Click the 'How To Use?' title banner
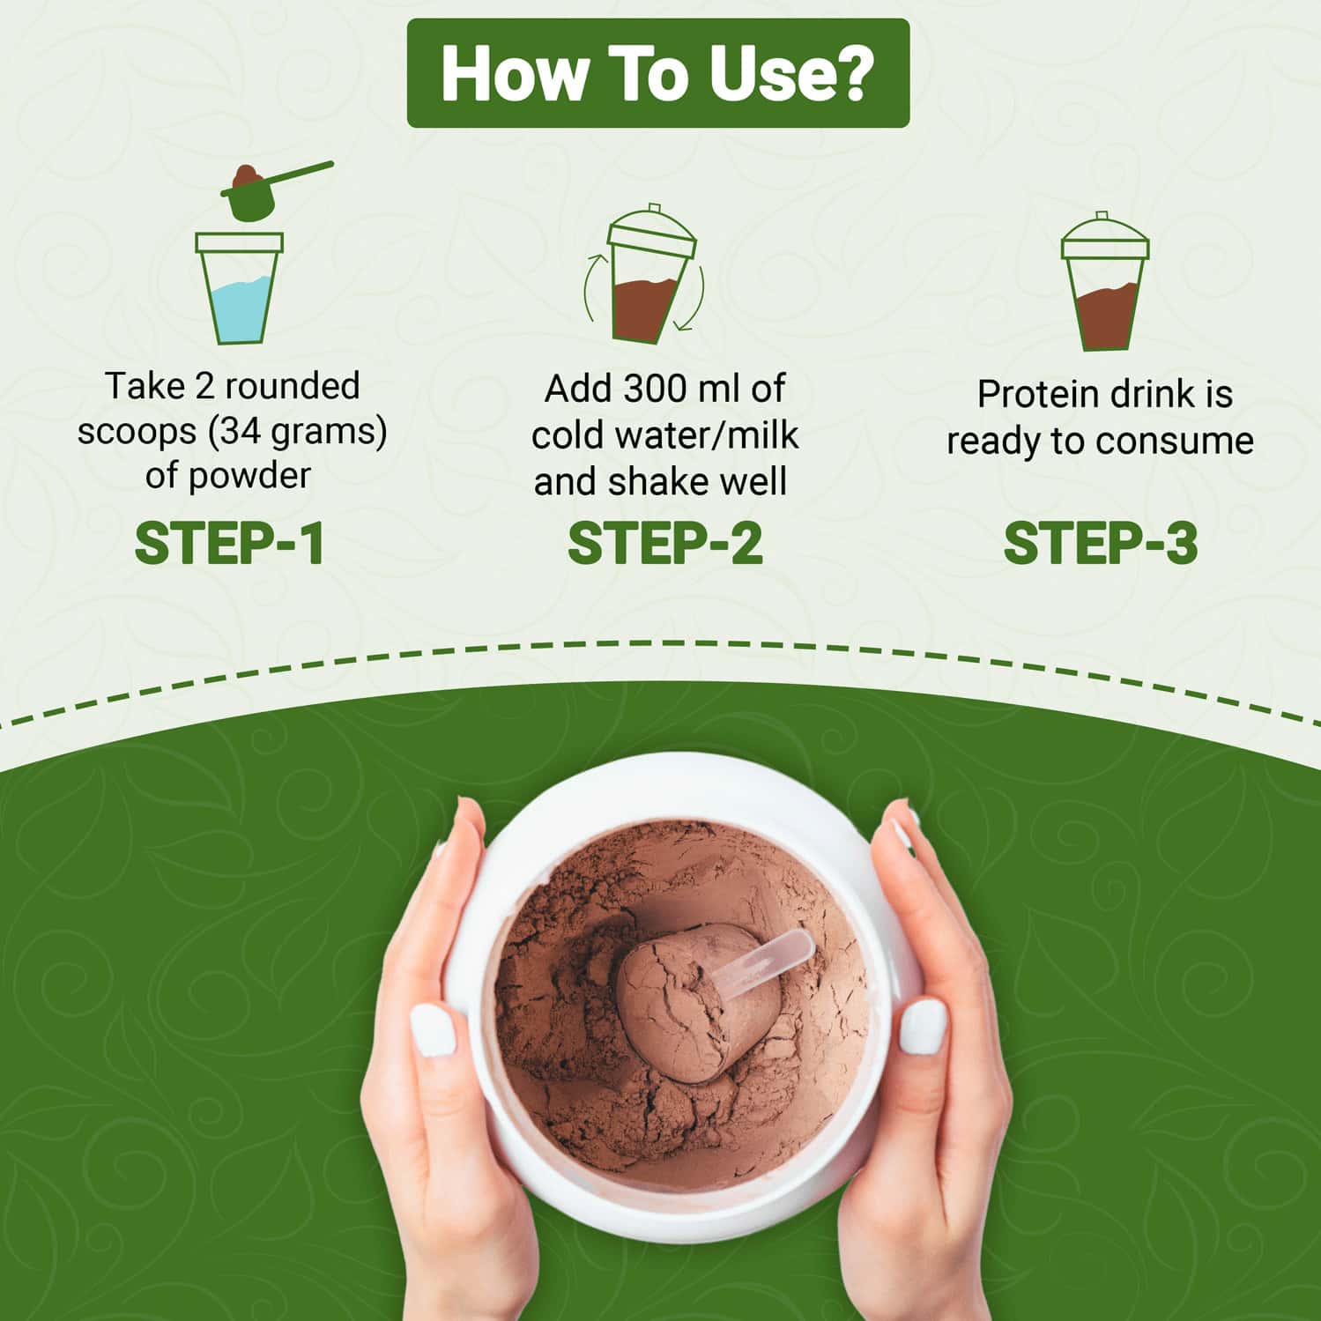click(x=657, y=73)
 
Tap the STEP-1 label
click(x=230, y=543)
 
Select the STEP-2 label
click(x=664, y=543)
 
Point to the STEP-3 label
click(x=1101, y=543)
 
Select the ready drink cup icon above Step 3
click(x=1104, y=281)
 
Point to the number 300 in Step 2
click(x=649, y=389)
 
